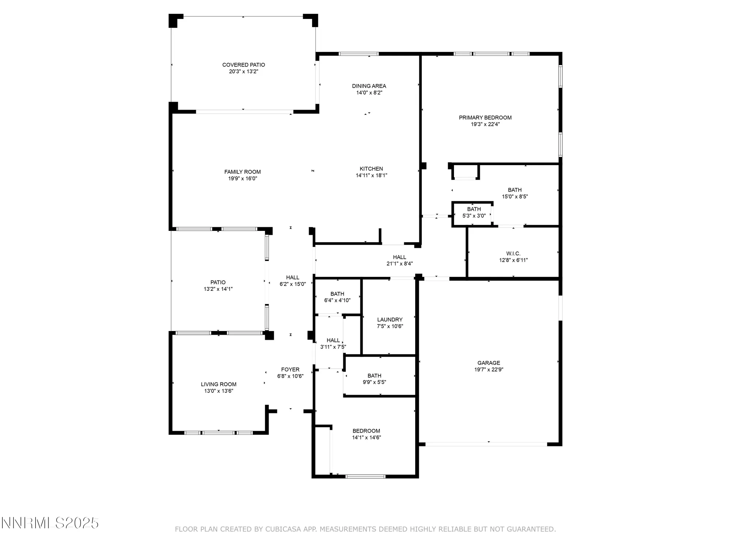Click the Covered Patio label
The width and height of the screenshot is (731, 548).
click(243, 65)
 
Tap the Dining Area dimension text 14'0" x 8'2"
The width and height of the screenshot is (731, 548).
click(369, 93)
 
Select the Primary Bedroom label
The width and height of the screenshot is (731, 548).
click(485, 118)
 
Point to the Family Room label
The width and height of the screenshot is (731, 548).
click(242, 172)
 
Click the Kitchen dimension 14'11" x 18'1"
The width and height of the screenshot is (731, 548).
click(371, 175)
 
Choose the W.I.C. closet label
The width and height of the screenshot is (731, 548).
click(513, 254)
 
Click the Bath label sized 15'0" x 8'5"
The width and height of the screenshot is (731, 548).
click(515, 190)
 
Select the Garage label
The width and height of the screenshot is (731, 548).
click(488, 363)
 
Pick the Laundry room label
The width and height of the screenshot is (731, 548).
click(390, 320)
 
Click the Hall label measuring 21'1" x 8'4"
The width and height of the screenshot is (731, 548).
click(399, 257)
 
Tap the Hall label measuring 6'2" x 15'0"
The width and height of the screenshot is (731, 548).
click(292, 278)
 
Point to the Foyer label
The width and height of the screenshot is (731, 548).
click(290, 370)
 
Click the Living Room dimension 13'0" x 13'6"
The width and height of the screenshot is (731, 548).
click(219, 391)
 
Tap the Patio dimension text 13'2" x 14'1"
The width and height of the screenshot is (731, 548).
click(218, 289)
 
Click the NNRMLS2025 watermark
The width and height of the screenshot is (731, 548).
click(50, 523)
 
